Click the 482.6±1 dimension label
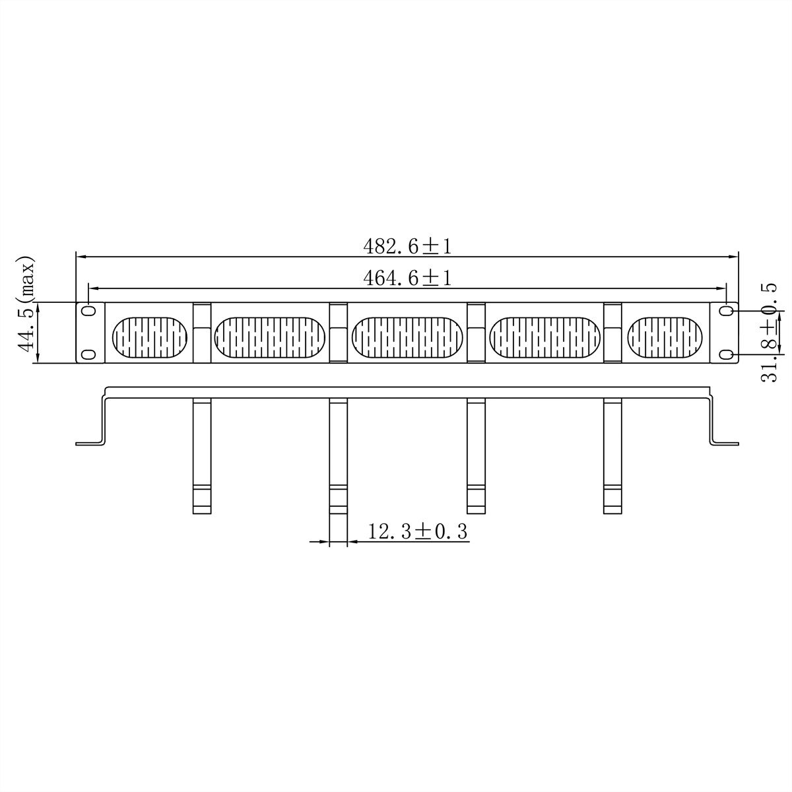tap(407, 246)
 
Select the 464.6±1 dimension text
tap(407, 278)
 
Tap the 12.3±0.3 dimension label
tap(418, 531)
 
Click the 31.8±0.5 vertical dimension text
tap(769, 333)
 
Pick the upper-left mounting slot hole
tap(88, 311)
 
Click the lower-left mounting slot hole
tap(88, 354)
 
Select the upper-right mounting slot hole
tap(726, 311)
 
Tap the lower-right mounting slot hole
tap(726, 354)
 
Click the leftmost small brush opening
tap(150, 337)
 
